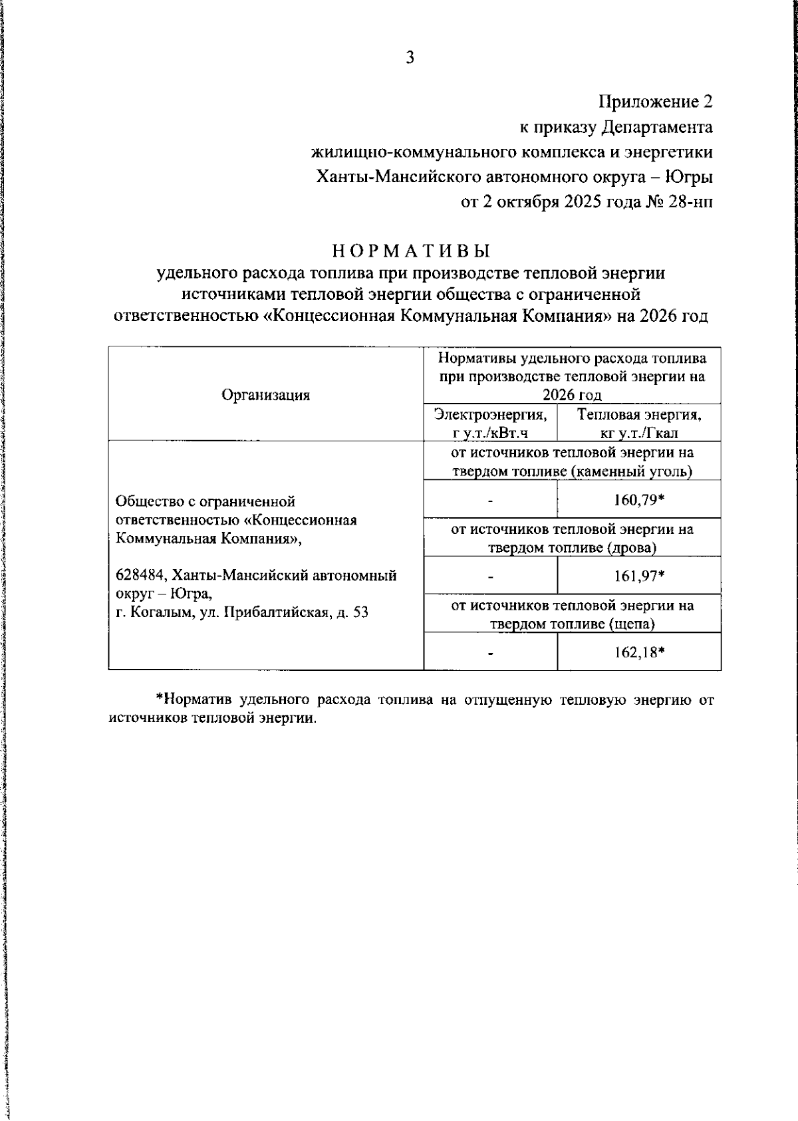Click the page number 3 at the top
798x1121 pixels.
tap(410, 59)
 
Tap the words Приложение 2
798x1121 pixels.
tap(655, 102)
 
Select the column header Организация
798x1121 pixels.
tap(265, 395)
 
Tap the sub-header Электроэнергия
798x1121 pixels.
tap(490, 415)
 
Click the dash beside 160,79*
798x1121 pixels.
tap(490, 501)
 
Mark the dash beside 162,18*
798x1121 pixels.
tap(490, 654)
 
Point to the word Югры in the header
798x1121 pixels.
tap(690, 178)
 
